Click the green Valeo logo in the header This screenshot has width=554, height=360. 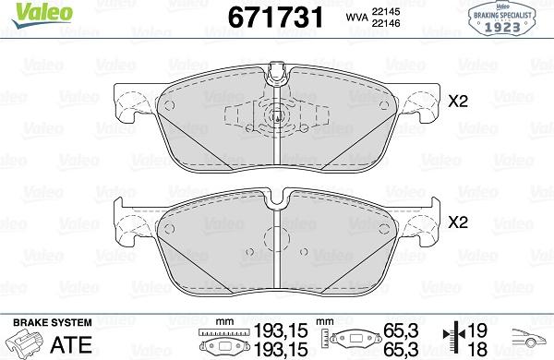click(x=29, y=12)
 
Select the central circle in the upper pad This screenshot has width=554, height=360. click(x=279, y=117)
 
